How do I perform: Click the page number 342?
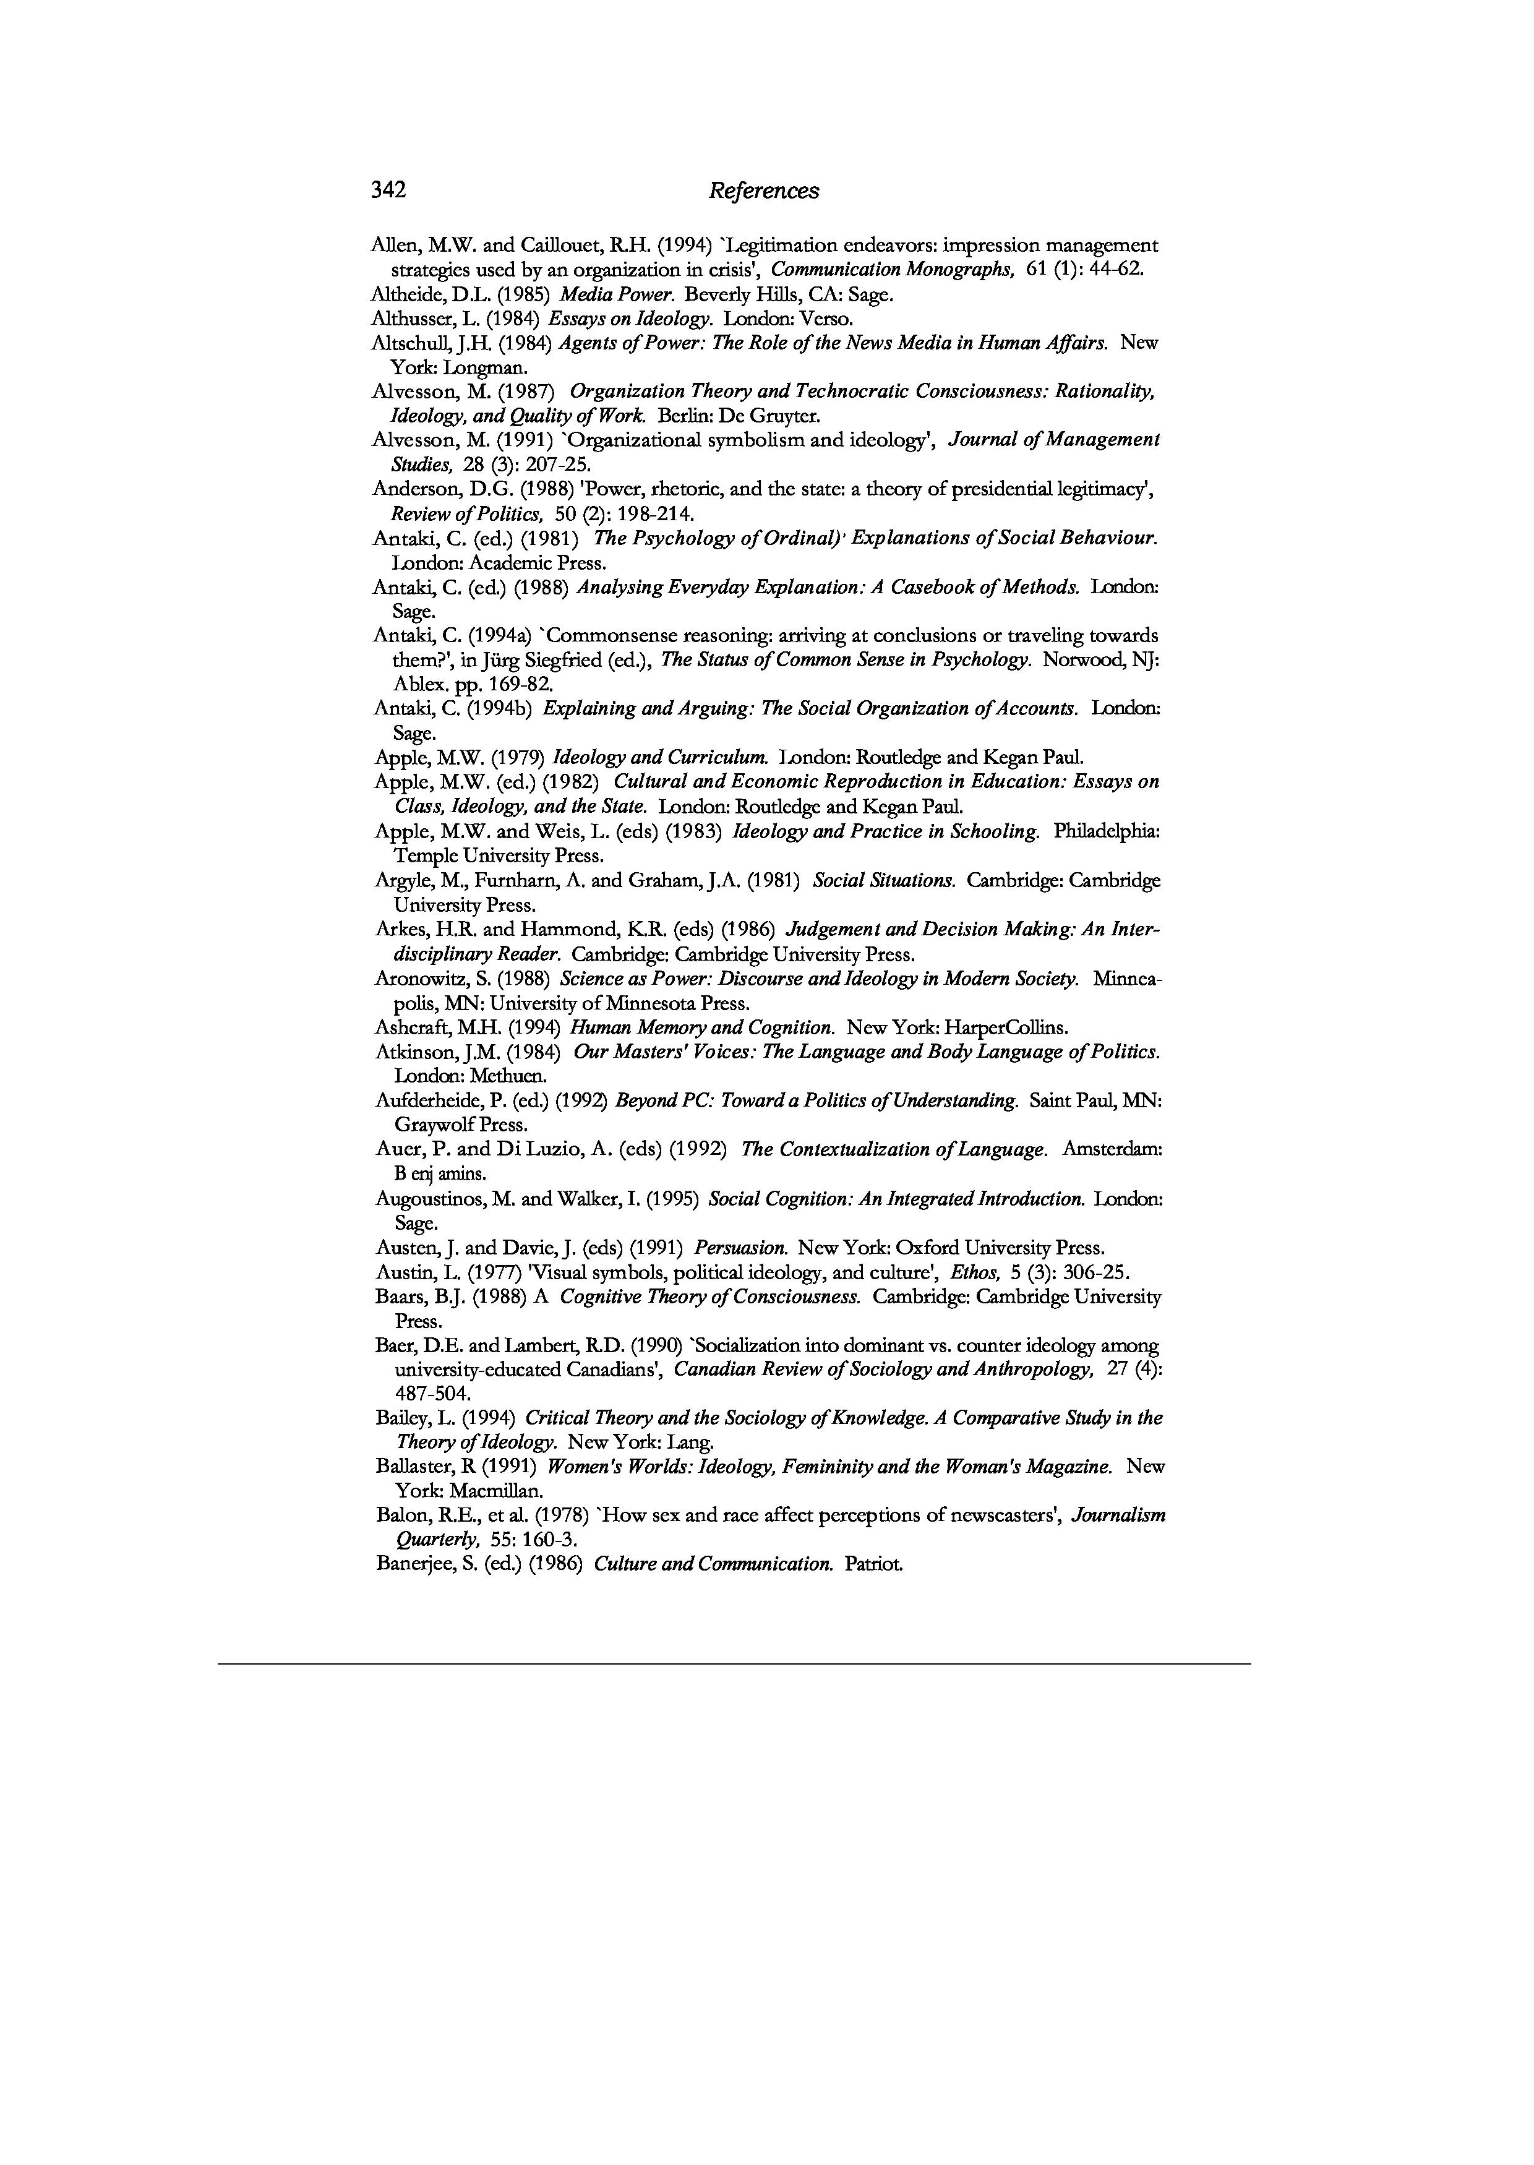(388, 190)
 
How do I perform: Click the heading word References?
(763, 191)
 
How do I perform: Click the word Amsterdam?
(1112, 1149)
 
